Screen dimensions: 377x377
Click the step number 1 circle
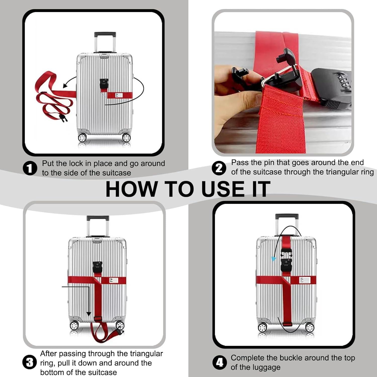pyautogui.click(x=30, y=168)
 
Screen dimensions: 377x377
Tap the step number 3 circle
pyautogui.click(x=30, y=363)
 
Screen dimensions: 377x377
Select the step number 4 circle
pyautogui.click(x=219, y=362)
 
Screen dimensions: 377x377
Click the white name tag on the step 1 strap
pyautogui.click(x=119, y=96)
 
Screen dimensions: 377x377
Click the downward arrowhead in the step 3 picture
pyautogui.click(x=88, y=314)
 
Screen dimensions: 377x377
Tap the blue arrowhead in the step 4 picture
pyautogui.click(x=273, y=259)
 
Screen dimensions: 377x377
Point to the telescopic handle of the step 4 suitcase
pyautogui.click(x=287, y=225)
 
